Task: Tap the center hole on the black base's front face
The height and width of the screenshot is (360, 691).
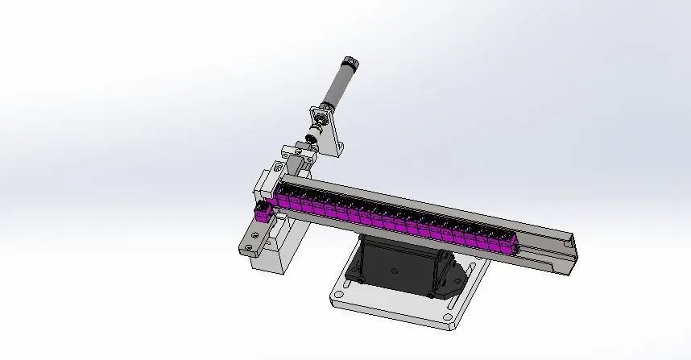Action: [395, 272]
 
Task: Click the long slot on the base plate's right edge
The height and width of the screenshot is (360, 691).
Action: [475, 282]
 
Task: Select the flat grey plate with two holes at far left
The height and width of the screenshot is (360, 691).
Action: [250, 241]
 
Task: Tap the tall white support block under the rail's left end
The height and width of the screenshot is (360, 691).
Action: [282, 250]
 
